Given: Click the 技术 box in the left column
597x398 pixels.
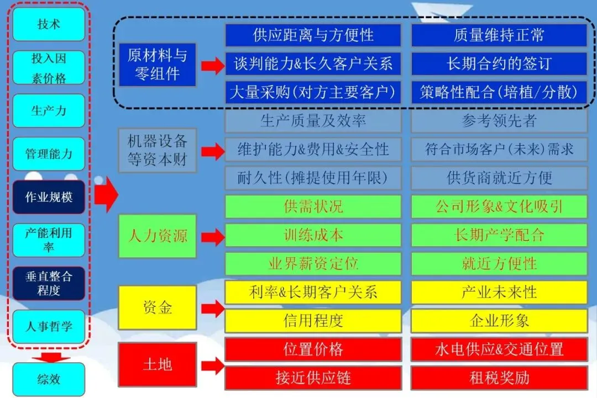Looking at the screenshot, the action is click(49, 24).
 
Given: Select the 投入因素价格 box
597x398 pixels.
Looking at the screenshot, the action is click(49, 67).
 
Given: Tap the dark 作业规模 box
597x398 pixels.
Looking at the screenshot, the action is click(49, 197).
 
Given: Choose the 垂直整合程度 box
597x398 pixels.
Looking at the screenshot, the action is click(49, 283).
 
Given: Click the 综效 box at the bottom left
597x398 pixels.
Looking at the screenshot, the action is click(49, 379).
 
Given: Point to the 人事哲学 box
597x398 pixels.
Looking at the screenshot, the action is click(49, 326).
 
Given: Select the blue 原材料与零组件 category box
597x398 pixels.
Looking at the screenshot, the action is click(158, 65).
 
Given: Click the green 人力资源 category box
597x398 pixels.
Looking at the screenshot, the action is click(158, 236).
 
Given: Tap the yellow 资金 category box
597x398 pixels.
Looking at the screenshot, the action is click(158, 307).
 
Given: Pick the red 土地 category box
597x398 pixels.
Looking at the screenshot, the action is click(158, 364).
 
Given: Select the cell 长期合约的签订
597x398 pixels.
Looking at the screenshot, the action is click(499, 64).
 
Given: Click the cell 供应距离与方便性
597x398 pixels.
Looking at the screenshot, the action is click(313, 35).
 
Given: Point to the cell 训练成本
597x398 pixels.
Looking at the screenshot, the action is click(313, 235).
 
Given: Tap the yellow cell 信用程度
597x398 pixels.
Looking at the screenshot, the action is click(313, 321).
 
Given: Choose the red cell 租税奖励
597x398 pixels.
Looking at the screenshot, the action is click(499, 378).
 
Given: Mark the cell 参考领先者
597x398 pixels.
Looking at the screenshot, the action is click(499, 121).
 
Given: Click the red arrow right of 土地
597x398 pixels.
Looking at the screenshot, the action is click(212, 365).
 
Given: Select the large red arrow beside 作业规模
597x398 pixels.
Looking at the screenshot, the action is click(106, 194).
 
